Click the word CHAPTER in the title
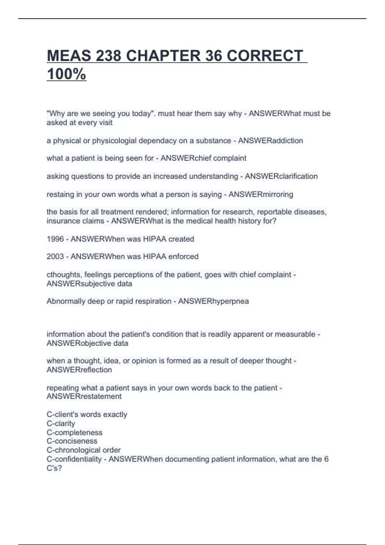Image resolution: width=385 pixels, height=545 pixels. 163,56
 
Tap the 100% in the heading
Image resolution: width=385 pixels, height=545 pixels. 66,74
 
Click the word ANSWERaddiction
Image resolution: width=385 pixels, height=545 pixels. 270,141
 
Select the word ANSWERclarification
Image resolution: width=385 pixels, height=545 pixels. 281,176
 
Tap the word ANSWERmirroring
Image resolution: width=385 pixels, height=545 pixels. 261,195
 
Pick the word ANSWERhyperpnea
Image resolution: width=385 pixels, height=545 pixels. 213,301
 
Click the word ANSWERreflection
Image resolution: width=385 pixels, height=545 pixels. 79,370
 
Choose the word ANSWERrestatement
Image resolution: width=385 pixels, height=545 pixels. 84,397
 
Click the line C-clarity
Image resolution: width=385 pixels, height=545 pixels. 61,423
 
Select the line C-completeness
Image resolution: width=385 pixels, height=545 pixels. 74,432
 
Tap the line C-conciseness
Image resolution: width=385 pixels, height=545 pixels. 72,441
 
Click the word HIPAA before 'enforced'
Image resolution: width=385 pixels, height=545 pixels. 155,256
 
